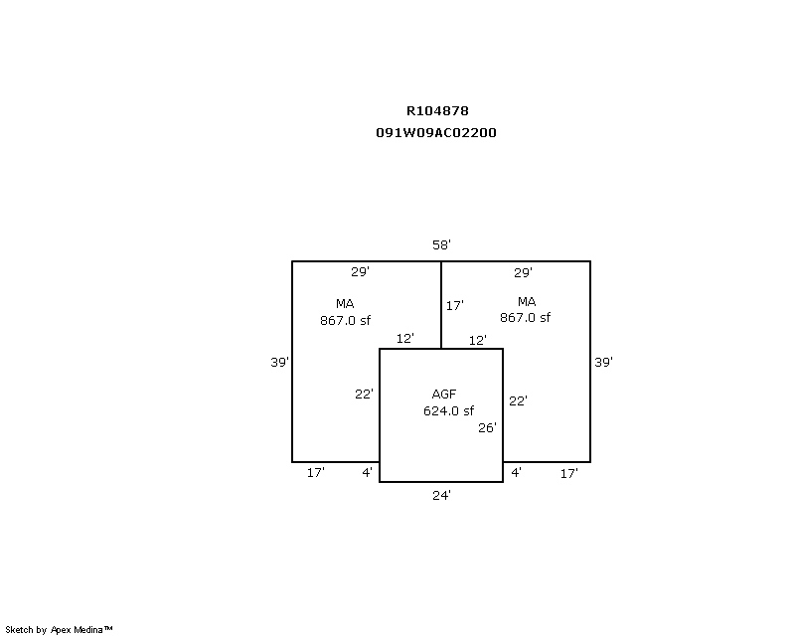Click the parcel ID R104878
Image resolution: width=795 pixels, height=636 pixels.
click(x=437, y=110)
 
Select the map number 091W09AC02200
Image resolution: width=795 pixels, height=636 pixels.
click(x=436, y=133)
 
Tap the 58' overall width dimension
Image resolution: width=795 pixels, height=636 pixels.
click(x=441, y=245)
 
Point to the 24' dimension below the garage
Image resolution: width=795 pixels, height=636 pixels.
click(x=441, y=496)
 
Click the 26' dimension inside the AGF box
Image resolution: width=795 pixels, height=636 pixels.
click(x=487, y=428)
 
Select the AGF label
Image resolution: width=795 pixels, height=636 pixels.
click(x=444, y=395)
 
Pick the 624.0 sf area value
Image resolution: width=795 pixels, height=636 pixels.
click(x=449, y=410)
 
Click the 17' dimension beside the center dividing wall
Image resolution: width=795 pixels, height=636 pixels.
click(x=455, y=306)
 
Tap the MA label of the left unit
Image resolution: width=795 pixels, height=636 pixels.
click(x=345, y=304)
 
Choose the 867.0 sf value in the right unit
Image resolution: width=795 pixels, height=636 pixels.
click(x=526, y=317)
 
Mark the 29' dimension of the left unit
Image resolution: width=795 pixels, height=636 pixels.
click(x=360, y=272)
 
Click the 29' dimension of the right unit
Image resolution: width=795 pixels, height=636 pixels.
click(x=523, y=273)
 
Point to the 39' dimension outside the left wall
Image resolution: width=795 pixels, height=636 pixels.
click(x=280, y=362)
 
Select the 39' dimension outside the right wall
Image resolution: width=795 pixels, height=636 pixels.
click(x=604, y=362)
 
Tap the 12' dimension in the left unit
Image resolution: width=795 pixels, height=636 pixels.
click(x=405, y=338)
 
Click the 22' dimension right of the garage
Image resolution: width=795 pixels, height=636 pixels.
click(x=518, y=401)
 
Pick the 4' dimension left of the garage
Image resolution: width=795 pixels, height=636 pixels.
click(x=367, y=472)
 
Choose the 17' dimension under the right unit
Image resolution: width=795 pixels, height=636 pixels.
click(x=568, y=474)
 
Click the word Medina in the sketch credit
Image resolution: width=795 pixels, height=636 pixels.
click(x=88, y=630)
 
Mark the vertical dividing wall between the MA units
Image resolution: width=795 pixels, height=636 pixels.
click(x=441, y=305)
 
